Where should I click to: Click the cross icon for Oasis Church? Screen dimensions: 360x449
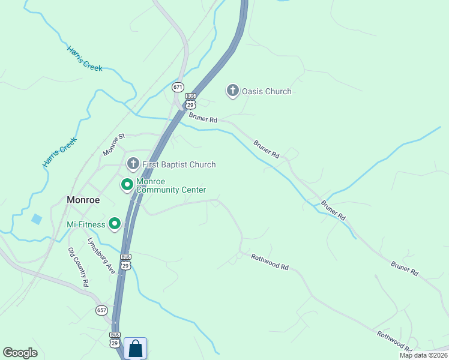[x=232, y=91]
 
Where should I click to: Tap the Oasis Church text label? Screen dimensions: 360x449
[x=267, y=92]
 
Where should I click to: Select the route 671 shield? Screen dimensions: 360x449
[x=178, y=87]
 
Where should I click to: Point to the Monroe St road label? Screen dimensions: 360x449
[x=113, y=145]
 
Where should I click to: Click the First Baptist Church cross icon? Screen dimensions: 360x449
[x=133, y=164]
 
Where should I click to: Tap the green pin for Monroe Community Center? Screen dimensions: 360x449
[x=127, y=185]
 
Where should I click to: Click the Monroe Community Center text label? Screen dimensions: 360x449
[x=171, y=185]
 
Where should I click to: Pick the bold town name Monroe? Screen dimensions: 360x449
[x=83, y=200]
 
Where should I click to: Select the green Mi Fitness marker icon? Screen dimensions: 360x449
[x=115, y=224]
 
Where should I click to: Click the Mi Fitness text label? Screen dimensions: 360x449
[x=86, y=225]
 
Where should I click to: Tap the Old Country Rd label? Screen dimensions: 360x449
[x=79, y=266]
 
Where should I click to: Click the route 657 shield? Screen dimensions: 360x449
[x=101, y=310]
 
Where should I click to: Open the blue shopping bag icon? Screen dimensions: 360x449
[x=135, y=348]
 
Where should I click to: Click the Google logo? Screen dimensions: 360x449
[x=20, y=353]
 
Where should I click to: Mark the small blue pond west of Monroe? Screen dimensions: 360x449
[x=37, y=219]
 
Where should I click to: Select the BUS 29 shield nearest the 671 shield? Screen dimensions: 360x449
[x=190, y=100]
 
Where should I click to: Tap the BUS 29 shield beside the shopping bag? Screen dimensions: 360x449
[x=115, y=338]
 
